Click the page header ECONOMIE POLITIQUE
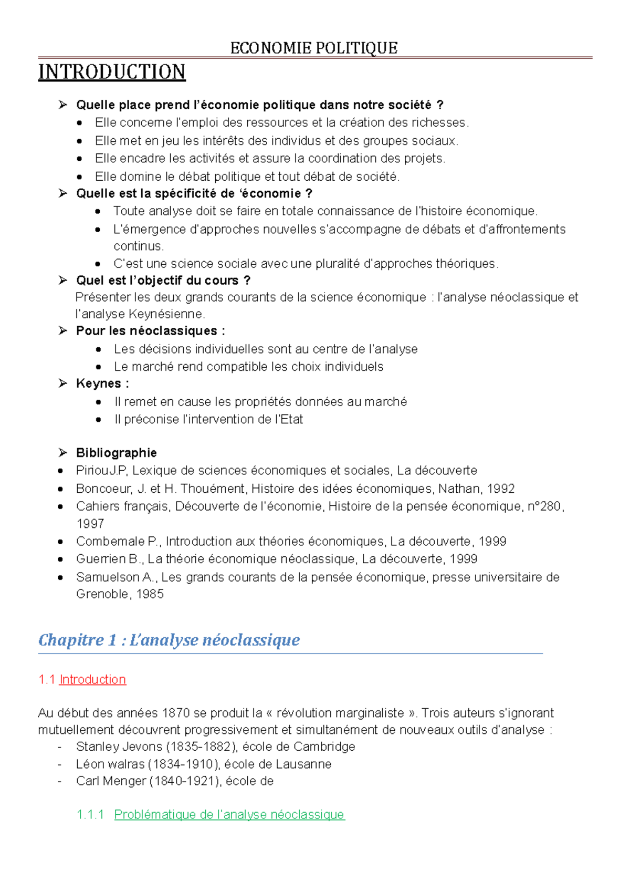(x=314, y=48)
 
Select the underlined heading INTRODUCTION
(x=112, y=72)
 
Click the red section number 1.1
(x=47, y=680)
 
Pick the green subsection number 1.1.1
(x=90, y=815)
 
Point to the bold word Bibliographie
(x=117, y=453)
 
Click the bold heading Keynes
(x=99, y=383)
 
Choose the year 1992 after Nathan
(x=500, y=489)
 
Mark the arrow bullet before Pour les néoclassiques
(x=63, y=331)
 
